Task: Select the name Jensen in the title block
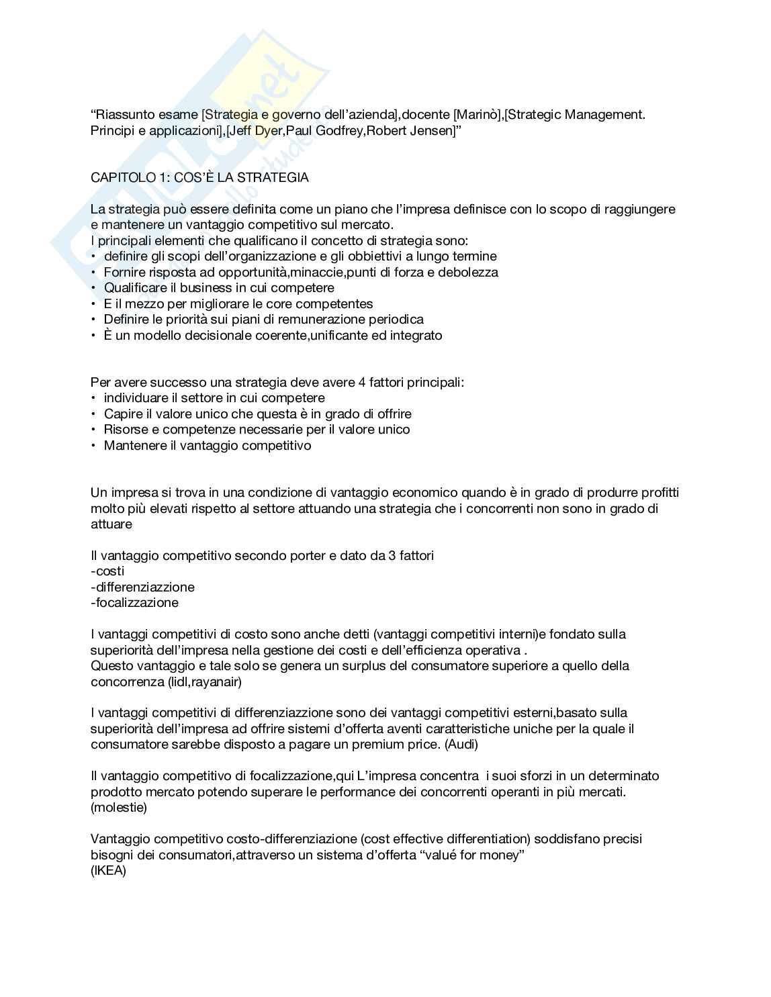click(x=433, y=130)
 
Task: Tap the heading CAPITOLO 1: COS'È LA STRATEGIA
click(x=199, y=178)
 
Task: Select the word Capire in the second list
click(x=122, y=414)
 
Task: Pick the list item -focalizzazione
click(x=134, y=603)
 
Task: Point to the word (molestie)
click(x=118, y=808)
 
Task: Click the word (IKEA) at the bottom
click(x=108, y=871)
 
